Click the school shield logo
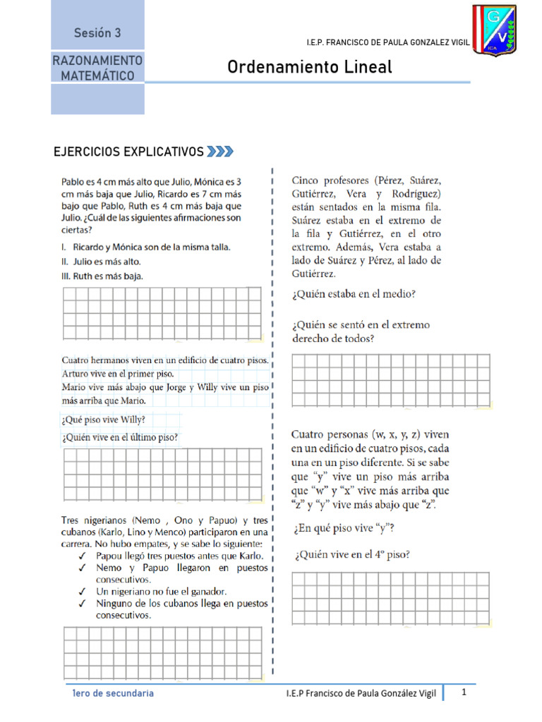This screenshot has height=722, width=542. (494, 32)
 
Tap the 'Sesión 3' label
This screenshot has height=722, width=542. (97, 33)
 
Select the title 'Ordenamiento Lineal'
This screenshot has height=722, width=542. (309, 67)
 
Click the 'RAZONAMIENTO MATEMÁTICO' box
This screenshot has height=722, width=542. (97, 68)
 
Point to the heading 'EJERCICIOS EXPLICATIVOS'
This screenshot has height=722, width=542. (129, 152)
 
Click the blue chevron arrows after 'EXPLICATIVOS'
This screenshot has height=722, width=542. (220, 152)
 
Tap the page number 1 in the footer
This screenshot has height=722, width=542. (464, 692)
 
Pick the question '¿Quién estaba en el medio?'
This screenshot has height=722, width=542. (354, 295)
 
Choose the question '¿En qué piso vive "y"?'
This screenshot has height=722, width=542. (343, 528)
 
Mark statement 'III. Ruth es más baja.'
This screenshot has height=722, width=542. (103, 276)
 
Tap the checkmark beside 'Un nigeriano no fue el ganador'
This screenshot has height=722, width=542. (83, 592)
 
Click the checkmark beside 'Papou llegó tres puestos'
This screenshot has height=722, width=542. (83, 556)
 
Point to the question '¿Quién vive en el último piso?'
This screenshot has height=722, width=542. (120, 438)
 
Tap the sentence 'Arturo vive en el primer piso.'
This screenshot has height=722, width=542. (117, 374)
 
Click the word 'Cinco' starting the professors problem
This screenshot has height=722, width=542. (308, 180)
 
